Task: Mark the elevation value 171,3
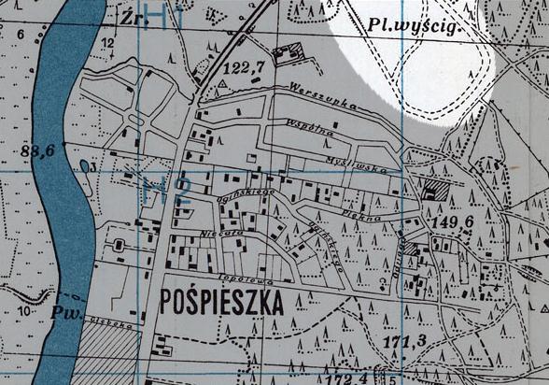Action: pos(405,341)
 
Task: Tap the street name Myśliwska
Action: pos(347,161)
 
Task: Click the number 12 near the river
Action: pos(108,42)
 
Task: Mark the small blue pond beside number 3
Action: pos(86,167)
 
